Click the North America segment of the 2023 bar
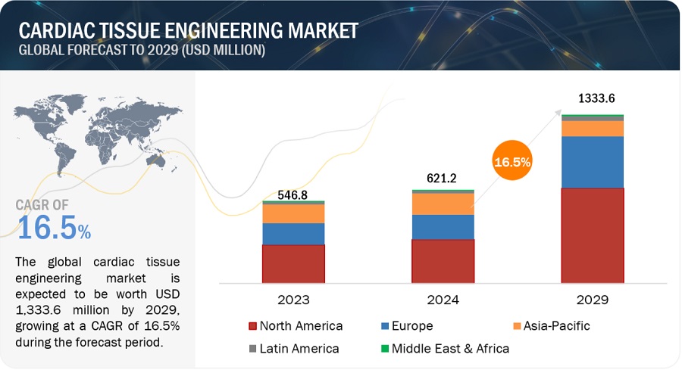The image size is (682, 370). tap(293, 263)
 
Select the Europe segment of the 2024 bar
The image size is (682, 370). tap(443, 227)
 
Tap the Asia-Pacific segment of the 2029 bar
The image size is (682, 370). tap(592, 129)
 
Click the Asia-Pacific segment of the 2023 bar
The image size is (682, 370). tap(293, 213)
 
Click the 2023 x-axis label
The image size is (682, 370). tap(293, 300)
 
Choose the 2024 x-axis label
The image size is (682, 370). tap(443, 300)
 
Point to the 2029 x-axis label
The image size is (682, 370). tap(592, 300)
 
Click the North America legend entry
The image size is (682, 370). tap(296, 326)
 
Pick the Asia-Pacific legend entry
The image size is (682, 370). tap(550, 326)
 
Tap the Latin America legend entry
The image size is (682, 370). tap(296, 349)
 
